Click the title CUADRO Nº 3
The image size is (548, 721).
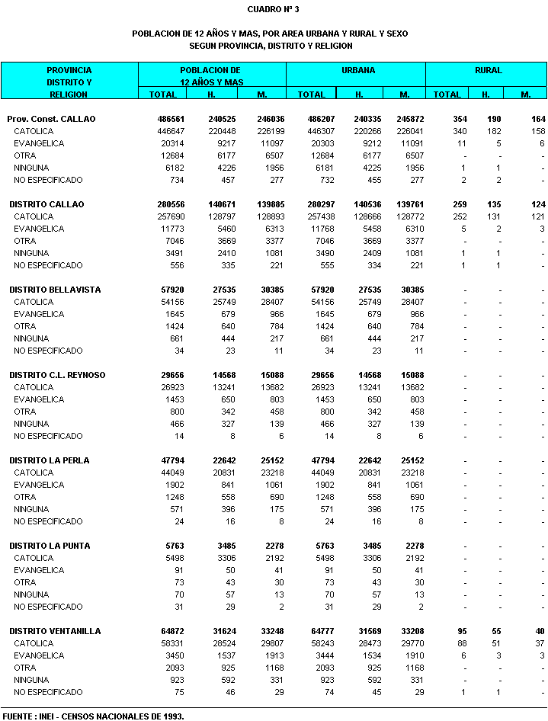[x=273, y=9]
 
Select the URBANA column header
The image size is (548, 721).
[x=357, y=70]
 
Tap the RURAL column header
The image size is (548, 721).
[x=488, y=70]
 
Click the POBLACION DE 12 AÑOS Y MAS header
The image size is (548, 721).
[x=210, y=75]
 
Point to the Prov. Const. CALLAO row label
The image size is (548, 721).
[x=51, y=120]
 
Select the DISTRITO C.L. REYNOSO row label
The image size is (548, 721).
[x=57, y=375]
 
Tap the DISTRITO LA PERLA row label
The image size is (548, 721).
[x=49, y=460]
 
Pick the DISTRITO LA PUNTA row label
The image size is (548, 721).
[x=50, y=546]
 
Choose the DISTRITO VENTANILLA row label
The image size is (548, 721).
[x=55, y=631]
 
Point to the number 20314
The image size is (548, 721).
[x=174, y=144]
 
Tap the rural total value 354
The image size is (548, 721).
[x=459, y=120]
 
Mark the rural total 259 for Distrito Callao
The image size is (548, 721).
[x=459, y=204]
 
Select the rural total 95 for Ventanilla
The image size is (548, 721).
[x=461, y=631]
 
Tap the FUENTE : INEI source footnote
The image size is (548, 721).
[x=93, y=716]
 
